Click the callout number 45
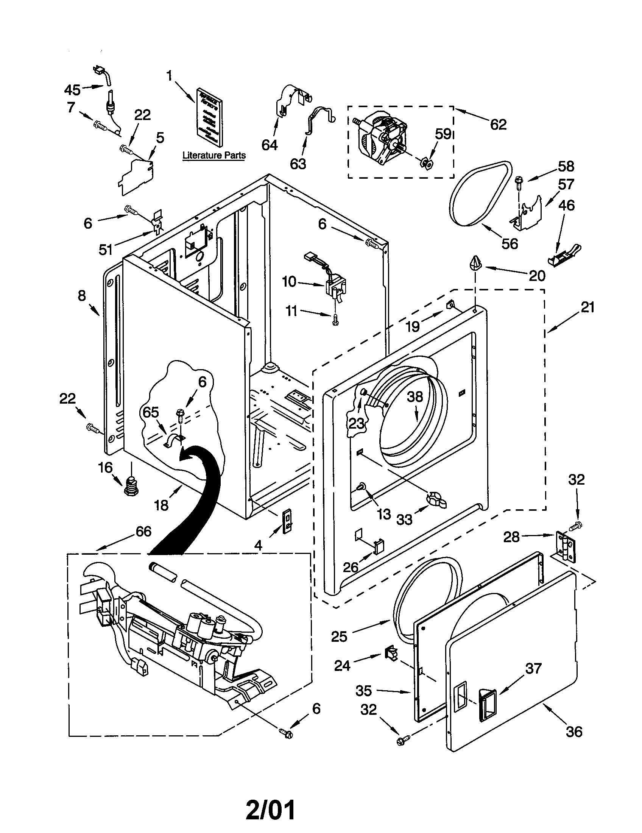point(72,90)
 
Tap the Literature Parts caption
point(214,155)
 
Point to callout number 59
point(443,134)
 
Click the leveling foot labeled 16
point(131,487)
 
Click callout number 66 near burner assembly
point(143,531)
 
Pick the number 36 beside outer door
point(574,732)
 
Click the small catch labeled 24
point(390,654)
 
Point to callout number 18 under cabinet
point(161,505)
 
